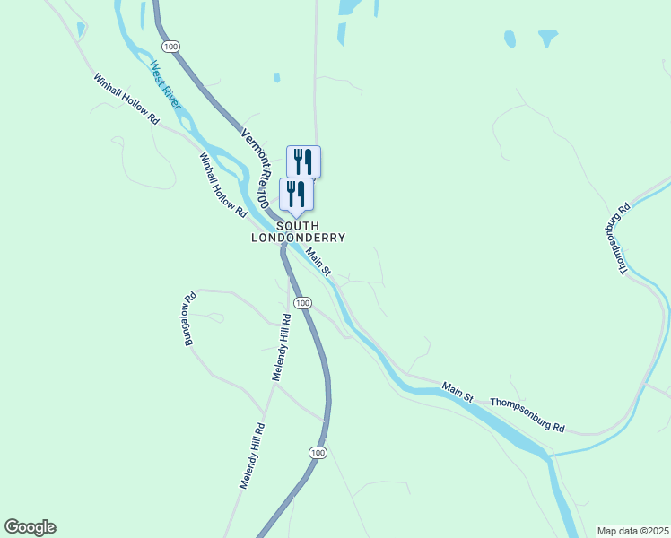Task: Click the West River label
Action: point(165,85)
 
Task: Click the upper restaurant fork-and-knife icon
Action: point(303,161)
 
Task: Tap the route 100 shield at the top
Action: point(170,46)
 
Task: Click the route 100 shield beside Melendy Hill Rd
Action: point(303,303)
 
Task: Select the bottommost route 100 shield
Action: point(318,453)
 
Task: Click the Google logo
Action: point(30,527)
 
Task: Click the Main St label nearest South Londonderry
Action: point(318,261)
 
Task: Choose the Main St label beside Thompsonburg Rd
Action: point(457,391)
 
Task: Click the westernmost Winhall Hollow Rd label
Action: point(126,98)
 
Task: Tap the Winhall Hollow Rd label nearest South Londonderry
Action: point(222,184)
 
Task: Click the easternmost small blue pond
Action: point(547,38)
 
